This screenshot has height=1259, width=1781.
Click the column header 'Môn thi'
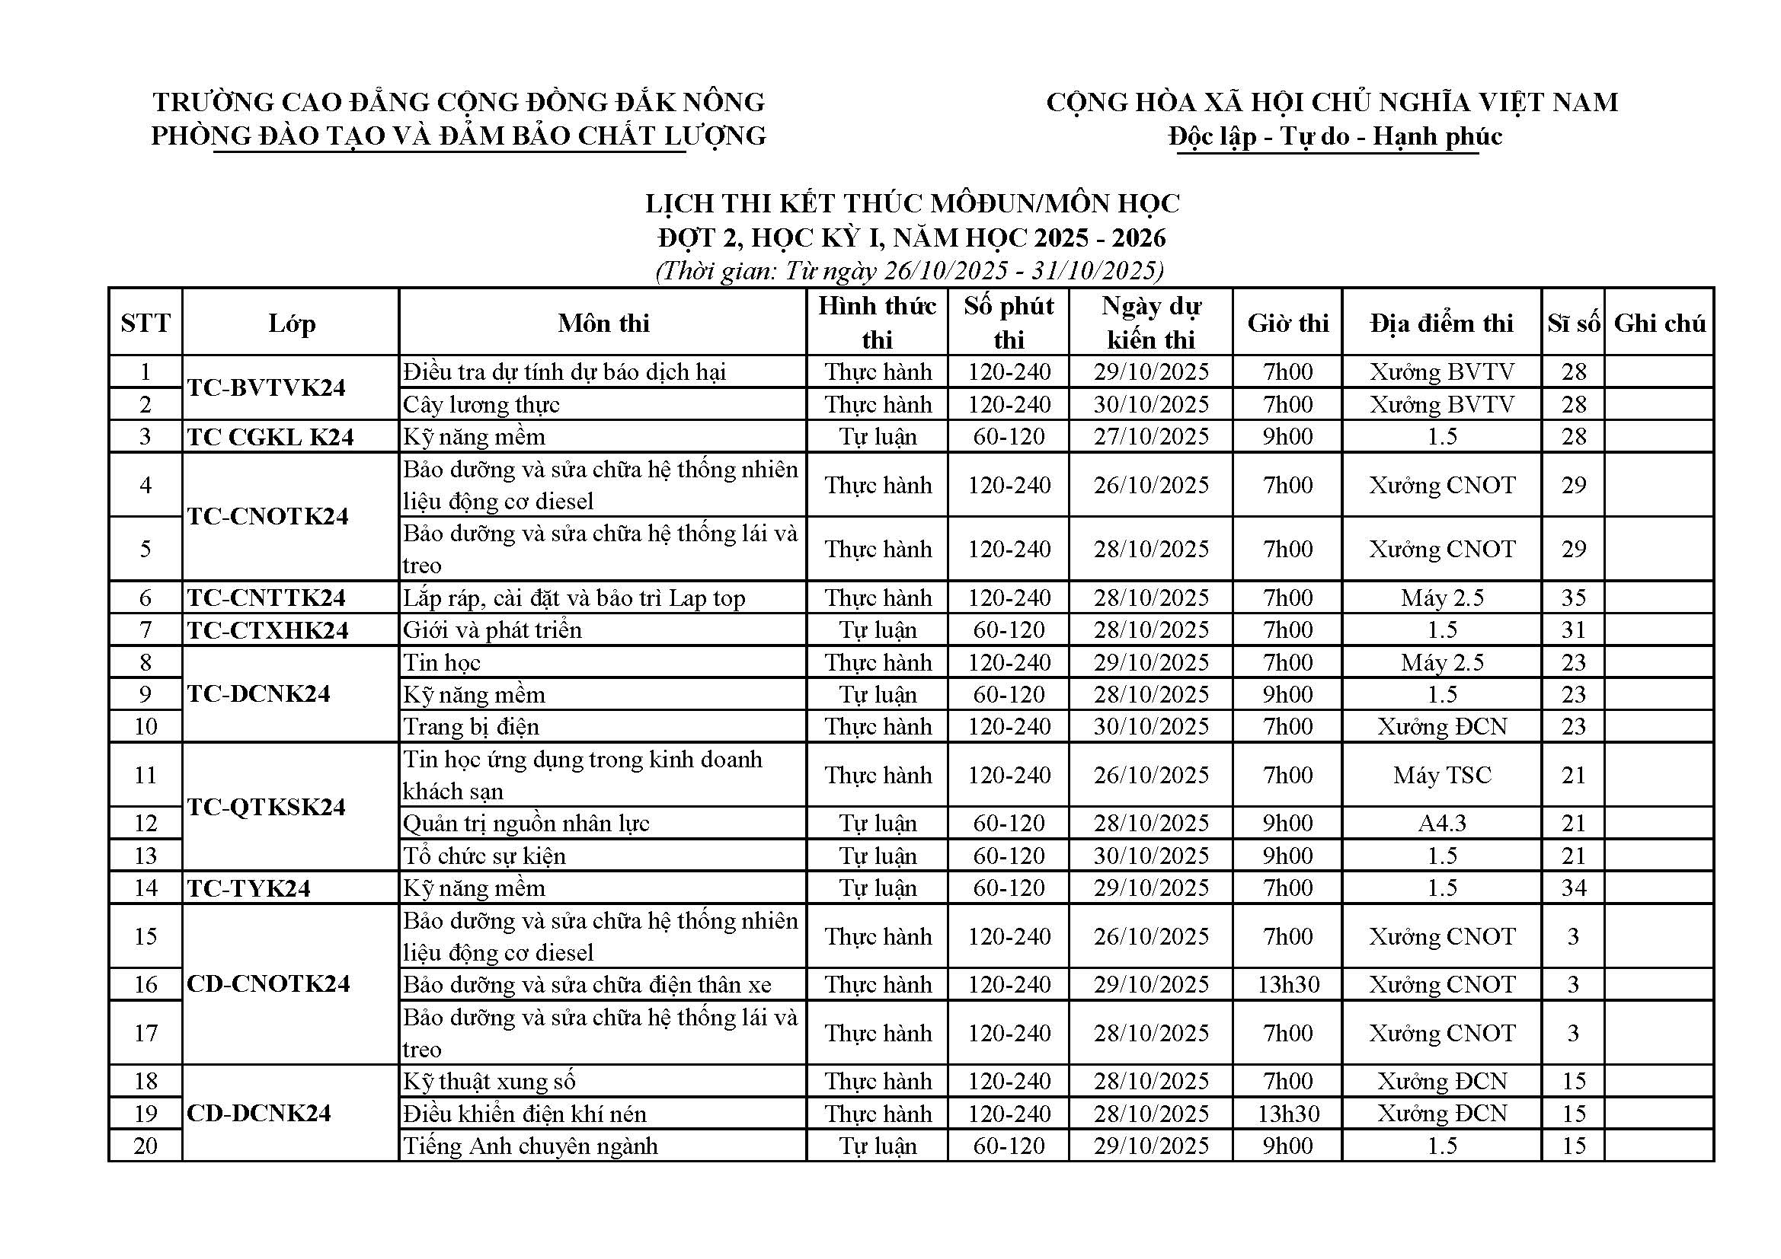coord(603,323)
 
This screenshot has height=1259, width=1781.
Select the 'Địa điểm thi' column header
coord(1441,323)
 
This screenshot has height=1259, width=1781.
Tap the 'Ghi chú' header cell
coord(1659,323)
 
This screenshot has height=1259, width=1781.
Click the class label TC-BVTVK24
coord(266,387)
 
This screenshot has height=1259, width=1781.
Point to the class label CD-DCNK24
coord(259,1113)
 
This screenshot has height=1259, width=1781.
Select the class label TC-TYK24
coord(248,888)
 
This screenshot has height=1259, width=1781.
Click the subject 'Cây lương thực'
coord(481,404)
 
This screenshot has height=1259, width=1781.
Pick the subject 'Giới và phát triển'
coord(492,629)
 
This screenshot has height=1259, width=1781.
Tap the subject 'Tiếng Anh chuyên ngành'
coord(529,1145)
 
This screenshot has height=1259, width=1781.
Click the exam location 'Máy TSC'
coord(1441,774)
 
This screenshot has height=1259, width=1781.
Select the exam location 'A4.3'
coord(1441,823)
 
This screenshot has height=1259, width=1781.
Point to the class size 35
coord(1573,598)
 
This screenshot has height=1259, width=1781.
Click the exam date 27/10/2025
coord(1151,436)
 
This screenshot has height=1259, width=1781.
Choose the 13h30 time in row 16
coord(1287,983)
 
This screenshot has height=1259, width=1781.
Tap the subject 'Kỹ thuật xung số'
coord(489,1080)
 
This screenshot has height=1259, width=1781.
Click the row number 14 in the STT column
coord(145,888)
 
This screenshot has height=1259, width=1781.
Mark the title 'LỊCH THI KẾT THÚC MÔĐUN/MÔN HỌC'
coord(913,203)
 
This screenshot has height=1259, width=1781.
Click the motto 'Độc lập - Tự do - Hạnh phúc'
coord(1335,136)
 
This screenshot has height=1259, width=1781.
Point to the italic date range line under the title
coord(909,270)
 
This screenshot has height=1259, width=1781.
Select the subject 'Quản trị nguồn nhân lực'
coord(526,823)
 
